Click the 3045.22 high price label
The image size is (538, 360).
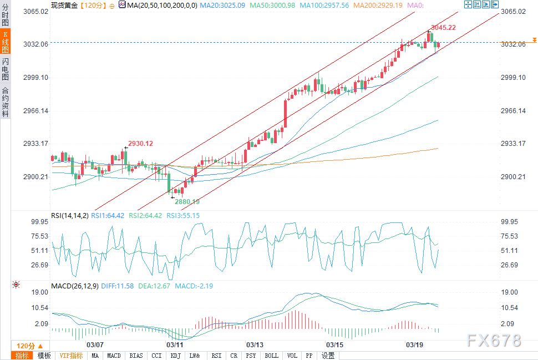click(x=444, y=28)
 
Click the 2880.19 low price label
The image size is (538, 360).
click(x=187, y=202)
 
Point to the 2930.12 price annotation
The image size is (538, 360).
click(x=140, y=143)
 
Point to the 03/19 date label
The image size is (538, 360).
click(x=414, y=344)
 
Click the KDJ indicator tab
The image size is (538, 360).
click(x=176, y=356)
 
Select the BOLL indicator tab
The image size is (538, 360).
click(x=272, y=356)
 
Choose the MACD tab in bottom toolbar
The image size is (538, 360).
click(x=114, y=356)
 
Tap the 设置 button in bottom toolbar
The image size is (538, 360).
click(x=328, y=356)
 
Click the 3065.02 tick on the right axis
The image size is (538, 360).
click(x=512, y=12)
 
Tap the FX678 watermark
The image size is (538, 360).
click(x=494, y=339)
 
